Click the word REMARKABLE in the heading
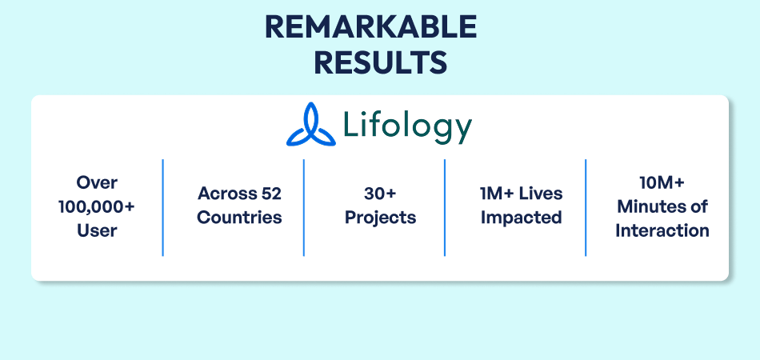point(370,28)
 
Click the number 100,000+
point(97,206)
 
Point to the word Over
point(97,183)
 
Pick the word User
point(97,230)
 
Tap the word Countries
point(239,218)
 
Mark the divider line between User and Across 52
point(163,207)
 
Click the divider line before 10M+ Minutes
point(586,207)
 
